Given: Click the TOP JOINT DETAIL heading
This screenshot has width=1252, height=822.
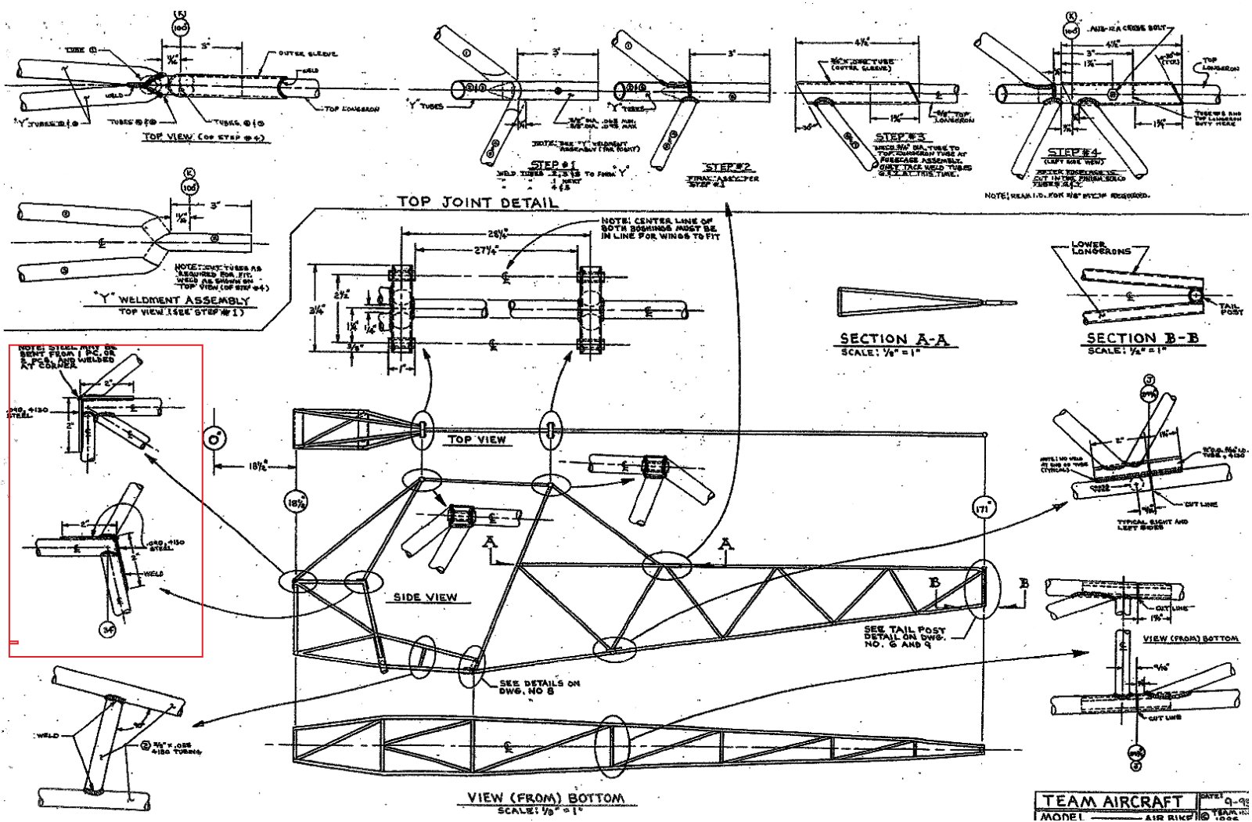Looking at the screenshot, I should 477,202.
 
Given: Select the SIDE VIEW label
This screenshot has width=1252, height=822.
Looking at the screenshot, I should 425,597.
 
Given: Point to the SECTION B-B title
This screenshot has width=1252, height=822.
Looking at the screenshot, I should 1143,338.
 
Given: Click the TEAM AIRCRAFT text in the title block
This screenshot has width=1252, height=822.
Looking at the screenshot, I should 1116,802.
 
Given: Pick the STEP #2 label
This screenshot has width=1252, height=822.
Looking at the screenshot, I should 729,167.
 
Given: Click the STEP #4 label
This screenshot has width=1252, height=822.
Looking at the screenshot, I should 1074,152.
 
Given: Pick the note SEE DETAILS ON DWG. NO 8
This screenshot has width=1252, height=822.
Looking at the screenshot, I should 539,687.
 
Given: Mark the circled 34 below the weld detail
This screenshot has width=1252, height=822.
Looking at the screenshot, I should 107,628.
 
